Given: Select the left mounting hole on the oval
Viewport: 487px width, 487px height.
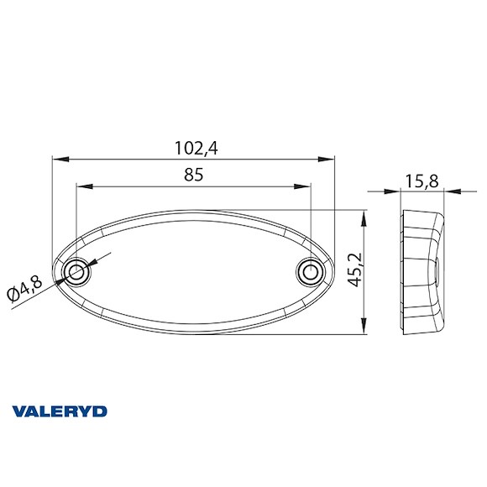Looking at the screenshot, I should point(77,272).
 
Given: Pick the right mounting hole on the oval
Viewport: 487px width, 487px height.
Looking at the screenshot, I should point(310,273).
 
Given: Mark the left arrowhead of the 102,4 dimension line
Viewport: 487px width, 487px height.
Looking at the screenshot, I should point(57,159).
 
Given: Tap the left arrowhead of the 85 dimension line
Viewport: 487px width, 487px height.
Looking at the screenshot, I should point(81,186).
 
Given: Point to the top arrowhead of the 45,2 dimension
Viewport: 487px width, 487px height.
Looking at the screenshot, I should point(364,215).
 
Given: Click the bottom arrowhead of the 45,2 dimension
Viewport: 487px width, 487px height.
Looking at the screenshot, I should point(364,330).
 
